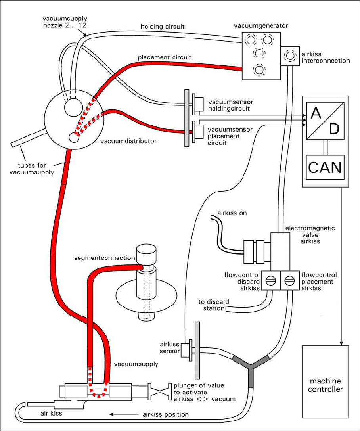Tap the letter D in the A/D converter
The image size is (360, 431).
click(x=334, y=129)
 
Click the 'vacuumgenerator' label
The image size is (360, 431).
click(x=261, y=25)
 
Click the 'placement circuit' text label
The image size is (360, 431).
click(x=165, y=57)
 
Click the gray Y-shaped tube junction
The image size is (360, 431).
click(x=251, y=367)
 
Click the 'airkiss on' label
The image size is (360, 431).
click(x=232, y=213)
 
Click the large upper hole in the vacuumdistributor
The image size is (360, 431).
click(x=73, y=106)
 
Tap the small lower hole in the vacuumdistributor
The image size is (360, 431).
click(x=74, y=137)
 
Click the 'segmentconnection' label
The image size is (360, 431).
click(x=105, y=258)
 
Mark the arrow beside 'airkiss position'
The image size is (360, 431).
click(x=123, y=414)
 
